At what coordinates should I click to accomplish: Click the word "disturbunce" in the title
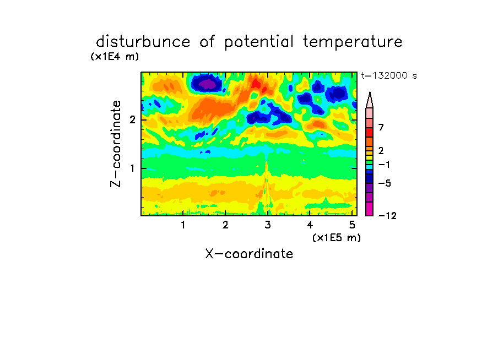pyautogui.click(x=143, y=42)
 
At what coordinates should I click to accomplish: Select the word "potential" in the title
pyautogui.click(x=258, y=42)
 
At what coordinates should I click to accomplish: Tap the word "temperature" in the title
pyautogui.click(x=353, y=42)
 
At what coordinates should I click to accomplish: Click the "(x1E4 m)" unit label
pyautogui.click(x=115, y=57)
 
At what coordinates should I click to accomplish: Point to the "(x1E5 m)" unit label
pyautogui.click(x=337, y=237)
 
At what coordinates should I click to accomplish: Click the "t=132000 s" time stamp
pyautogui.click(x=389, y=75)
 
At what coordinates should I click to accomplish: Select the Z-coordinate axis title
pyautogui.click(x=116, y=144)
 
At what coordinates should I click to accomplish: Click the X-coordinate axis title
pyautogui.click(x=249, y=254)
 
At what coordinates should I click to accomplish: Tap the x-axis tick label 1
pyautogui.click(x=183, y=225)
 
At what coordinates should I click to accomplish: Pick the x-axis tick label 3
pyautogui.click(x=268, y=225)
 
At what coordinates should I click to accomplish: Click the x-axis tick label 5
pyautogui.click(x=352, y=225)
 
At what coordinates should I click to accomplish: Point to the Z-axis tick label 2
pyautogui.click(x=132, y=120)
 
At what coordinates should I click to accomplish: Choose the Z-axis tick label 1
pyautogui.click(x=132, y=168)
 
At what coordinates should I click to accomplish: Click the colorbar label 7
pyautogui.click(x=381, y=128)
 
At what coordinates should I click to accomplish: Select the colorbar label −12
pyautogui.click(x=387, y=216)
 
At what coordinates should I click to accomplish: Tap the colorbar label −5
pyautogui.click(x=385, y=183)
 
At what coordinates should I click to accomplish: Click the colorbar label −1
pyautogui.click(x=384, y=165)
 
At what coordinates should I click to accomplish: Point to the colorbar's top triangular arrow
pyautogui.click(x=370, y=100)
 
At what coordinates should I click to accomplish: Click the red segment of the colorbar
pyautogui.click(x=370, y=132)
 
